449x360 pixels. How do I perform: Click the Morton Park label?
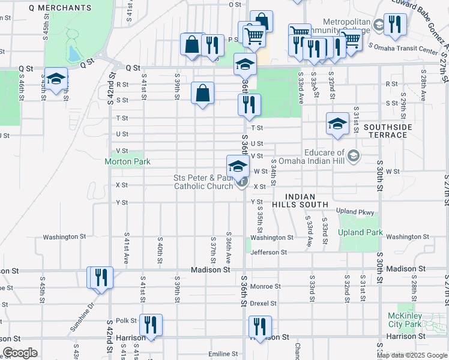click(127, 161)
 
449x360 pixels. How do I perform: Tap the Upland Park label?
click(360, 232)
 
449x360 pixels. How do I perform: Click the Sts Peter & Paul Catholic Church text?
click(203, 182)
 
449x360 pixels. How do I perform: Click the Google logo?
click(19, 353)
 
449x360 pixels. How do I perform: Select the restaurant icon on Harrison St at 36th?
click(261, 327)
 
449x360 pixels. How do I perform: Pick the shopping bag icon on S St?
click(203, 93)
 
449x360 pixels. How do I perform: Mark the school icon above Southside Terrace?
click(337, 124)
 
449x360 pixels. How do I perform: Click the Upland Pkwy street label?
click(355, 212)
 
